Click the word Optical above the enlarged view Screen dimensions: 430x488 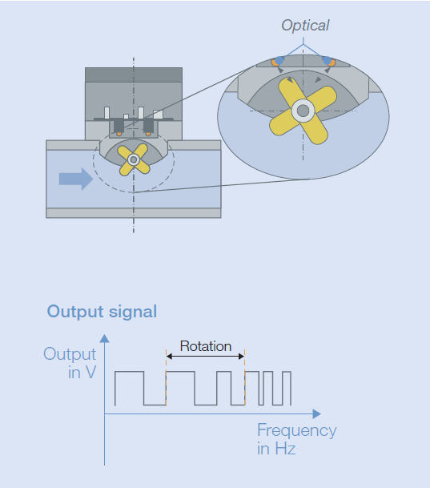305,26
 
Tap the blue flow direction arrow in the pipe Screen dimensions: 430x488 76,179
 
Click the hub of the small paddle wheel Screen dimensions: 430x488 134,159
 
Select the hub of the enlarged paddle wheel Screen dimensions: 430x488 303,111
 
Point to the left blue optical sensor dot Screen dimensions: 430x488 279,60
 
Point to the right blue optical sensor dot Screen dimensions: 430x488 327,60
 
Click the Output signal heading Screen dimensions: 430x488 102,312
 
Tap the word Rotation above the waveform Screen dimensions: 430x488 206,346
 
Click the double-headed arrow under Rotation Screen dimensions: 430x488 206,356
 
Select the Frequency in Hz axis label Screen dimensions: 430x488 296,439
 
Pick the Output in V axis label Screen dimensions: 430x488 70,363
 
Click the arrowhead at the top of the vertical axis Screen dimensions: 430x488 104,339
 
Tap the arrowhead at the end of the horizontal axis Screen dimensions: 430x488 317,414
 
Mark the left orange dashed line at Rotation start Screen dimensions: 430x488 167,378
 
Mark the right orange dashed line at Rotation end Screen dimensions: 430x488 245,378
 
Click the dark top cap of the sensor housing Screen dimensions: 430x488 134,75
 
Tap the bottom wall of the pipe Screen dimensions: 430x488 134,213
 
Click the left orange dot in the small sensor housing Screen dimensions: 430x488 119,134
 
